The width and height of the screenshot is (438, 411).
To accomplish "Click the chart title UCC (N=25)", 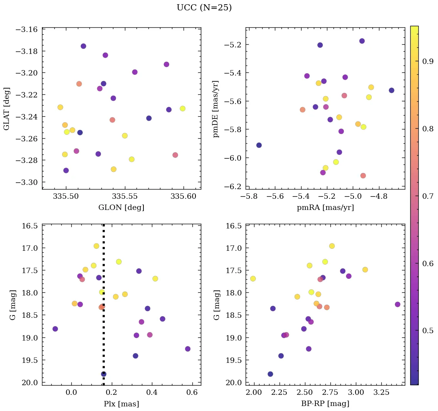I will click(204, 8).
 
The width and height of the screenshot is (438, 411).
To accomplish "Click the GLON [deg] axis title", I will click(121, 208).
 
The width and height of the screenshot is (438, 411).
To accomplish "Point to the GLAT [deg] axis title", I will click(7, 109).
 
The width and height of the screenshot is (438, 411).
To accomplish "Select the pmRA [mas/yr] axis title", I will click(325, 208).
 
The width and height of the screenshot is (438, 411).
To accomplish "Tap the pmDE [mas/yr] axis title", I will click(216, 109).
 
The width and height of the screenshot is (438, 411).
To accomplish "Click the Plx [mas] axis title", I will click(121, 404).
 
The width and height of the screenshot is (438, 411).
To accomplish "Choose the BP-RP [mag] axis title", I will click(325, 404).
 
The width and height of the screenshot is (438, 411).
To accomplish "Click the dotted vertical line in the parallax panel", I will click(103, 308).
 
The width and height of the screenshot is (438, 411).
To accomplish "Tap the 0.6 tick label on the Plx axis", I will click(192, 393).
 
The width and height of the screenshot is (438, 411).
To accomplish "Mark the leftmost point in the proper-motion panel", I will click(259, 145).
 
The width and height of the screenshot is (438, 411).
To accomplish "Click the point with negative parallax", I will click(55, 329).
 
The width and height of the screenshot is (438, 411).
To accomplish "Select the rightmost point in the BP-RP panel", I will click(398, 304).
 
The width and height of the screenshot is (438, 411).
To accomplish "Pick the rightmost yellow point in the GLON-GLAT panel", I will click(182, 109).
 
